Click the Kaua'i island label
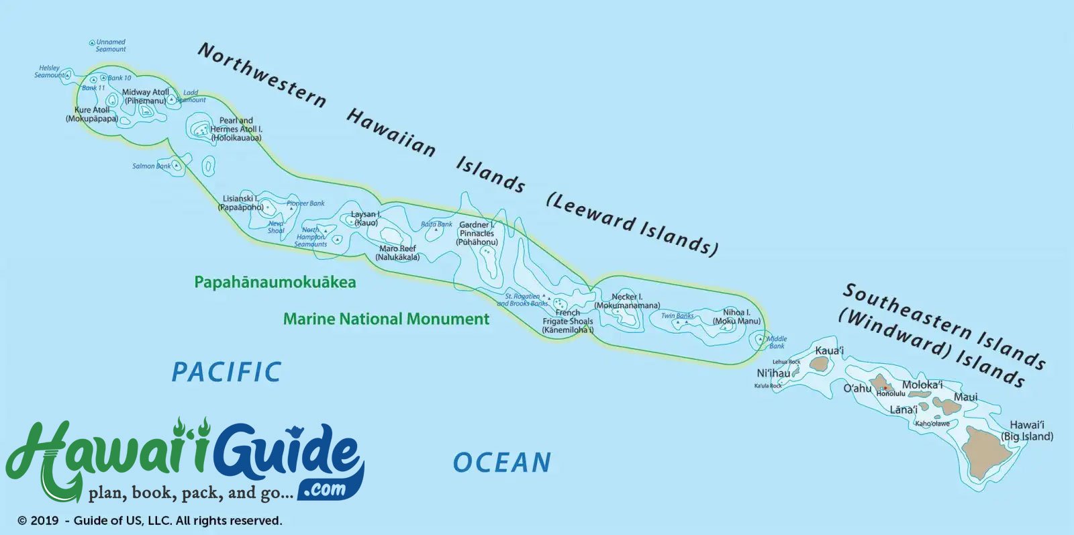[829, 350]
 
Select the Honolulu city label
[891, 394]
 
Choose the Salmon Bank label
[151, 166]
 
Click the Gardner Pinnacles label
[477, 234]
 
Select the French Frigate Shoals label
[568, 322]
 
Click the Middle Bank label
[777, 342]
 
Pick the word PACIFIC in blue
[226, 372]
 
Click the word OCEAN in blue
[502, 463]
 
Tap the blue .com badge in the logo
[325, 489]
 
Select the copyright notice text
[150, 521]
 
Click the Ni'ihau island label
[773, 373]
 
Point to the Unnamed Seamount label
[110, 46]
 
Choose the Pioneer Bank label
[305, 203]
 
